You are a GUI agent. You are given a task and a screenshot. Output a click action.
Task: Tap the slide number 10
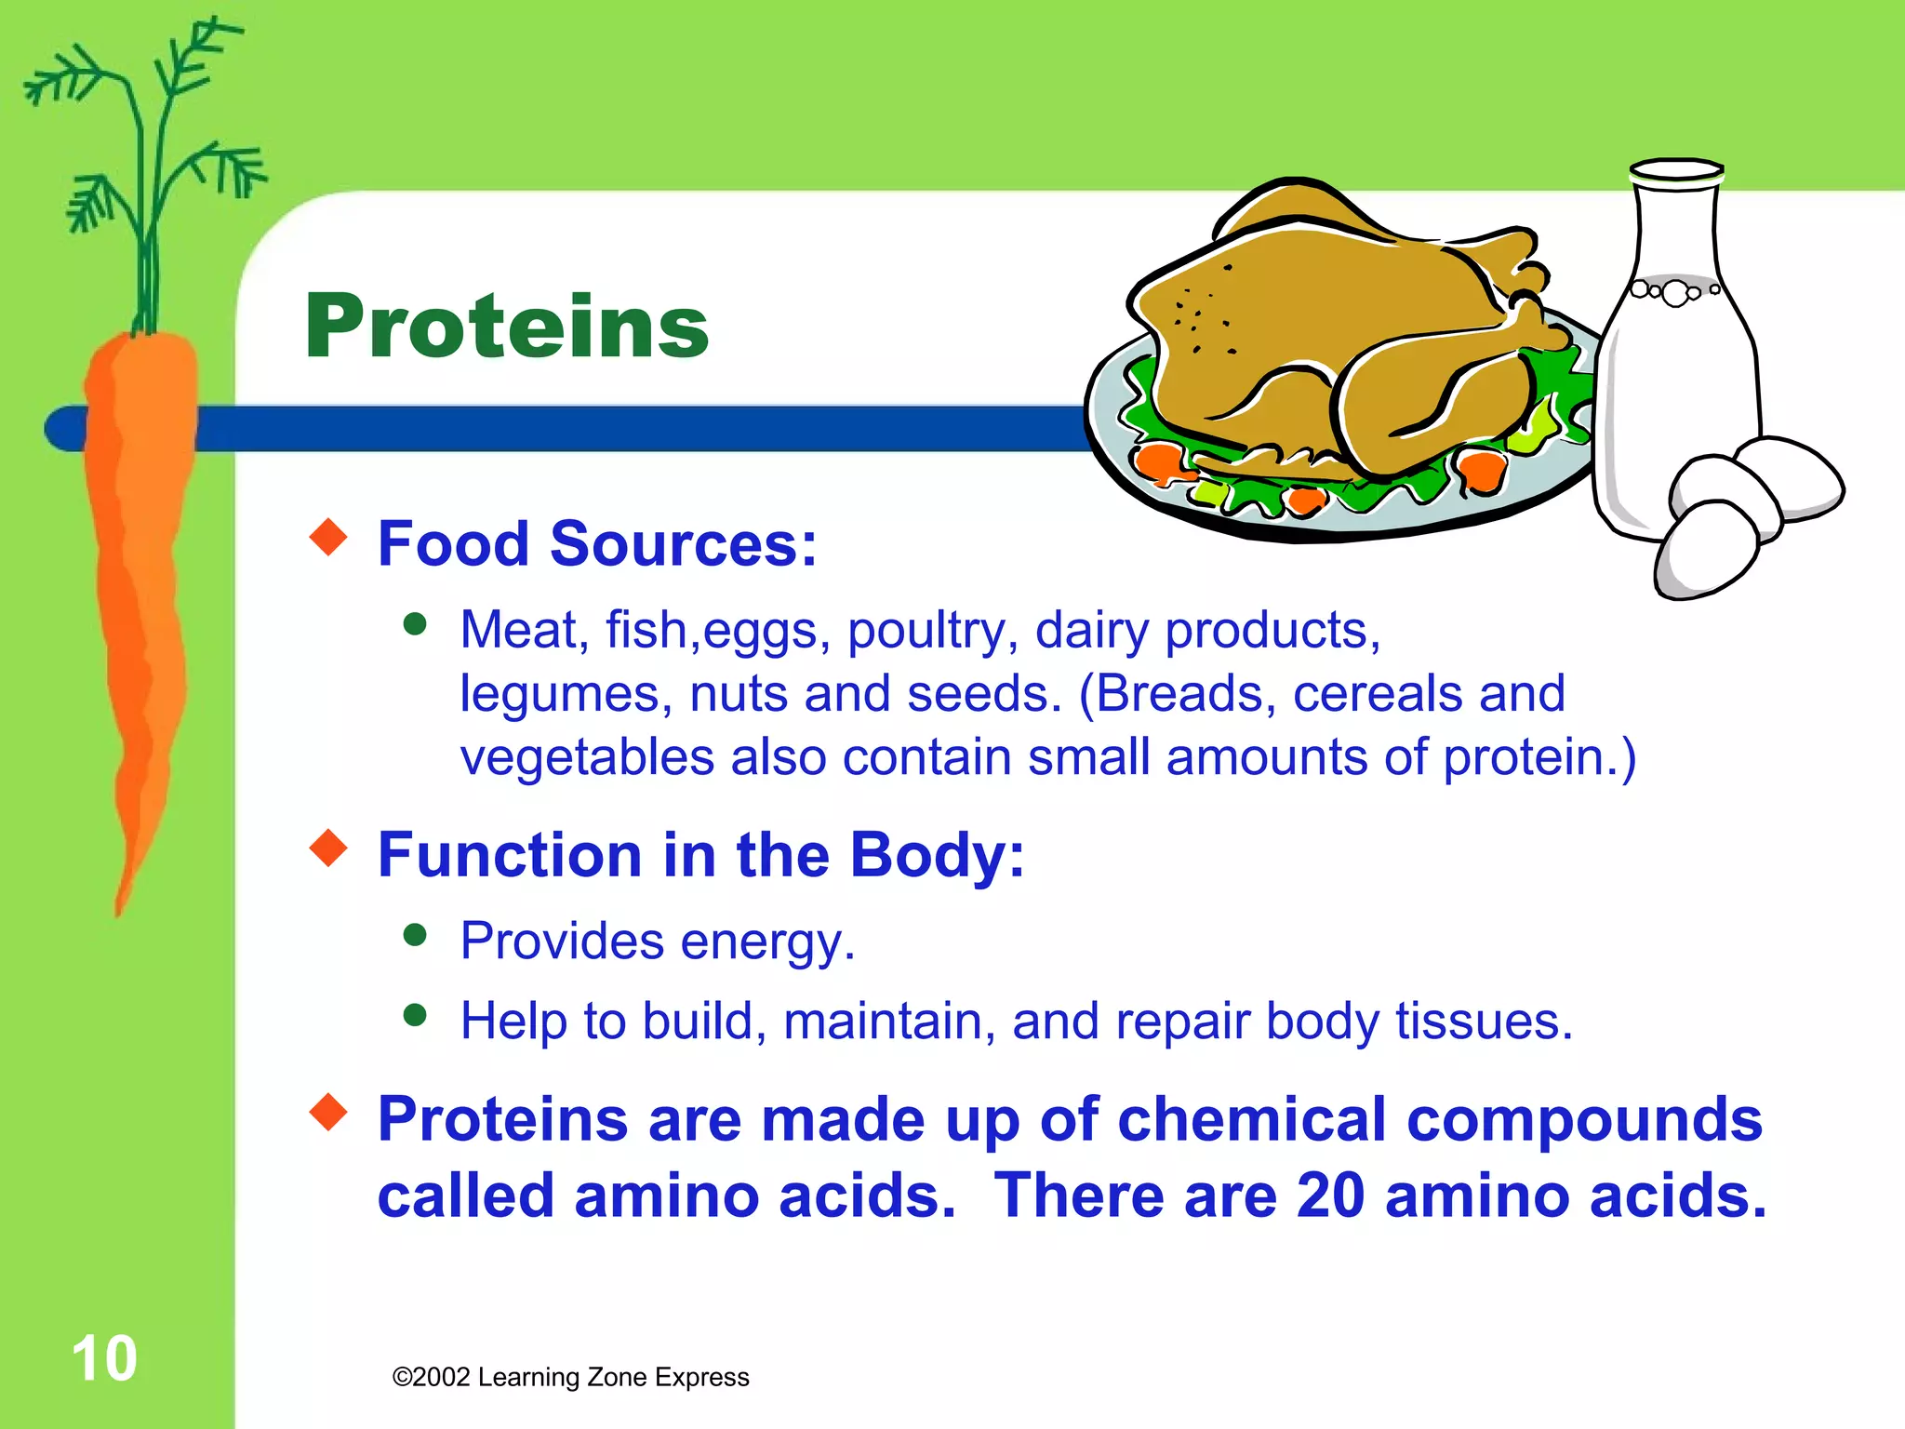click(x=104, y=1359)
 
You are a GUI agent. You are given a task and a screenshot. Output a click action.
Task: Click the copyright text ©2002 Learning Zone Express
click(x=570, y=1377)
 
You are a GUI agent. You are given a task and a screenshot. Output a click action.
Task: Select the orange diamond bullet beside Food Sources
click(x=328, y=537)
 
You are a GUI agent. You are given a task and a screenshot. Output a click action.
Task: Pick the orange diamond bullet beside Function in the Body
click(x=328, y=848)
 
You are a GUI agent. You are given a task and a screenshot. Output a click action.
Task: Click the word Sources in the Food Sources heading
click(x=683, y=544)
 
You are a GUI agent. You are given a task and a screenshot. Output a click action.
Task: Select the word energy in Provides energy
click(x=766, y=942)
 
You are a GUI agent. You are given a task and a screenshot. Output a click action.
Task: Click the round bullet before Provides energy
click(x=415, y=934)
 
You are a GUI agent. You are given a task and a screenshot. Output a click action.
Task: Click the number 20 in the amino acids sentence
click(x=1330, y=1195)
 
